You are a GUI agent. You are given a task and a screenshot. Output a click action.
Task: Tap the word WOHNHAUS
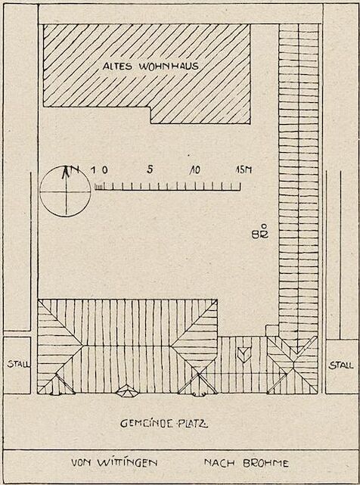coord(169,66)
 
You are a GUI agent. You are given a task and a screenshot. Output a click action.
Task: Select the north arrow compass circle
coord(65,191)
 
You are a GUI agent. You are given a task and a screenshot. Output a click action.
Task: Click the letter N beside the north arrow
coord(75,169)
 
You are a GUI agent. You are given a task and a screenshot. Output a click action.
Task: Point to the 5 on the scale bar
coord(150,169)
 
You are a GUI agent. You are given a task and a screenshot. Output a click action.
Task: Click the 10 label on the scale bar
coord(195,169)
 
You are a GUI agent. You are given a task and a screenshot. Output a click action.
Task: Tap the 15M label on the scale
coord(244,169)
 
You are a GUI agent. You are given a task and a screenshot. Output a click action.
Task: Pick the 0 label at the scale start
coord(104,169)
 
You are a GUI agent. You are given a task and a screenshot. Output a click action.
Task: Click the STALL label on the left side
coord(19,364)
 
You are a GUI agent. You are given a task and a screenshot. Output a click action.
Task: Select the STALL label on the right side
coord(341,365)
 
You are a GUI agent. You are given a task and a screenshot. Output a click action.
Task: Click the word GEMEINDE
coord(146,423)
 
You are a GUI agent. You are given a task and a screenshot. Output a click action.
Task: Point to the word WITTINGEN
coord(127,463)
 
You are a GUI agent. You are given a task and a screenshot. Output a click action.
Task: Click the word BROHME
coord(265,463)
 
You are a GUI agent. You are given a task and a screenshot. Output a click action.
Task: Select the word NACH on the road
coord(219,463)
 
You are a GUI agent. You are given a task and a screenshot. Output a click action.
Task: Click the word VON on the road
coord(82,463)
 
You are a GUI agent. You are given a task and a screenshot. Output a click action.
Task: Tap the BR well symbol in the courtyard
coord(260,231)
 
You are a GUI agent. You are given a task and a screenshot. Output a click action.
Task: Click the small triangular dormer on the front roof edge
coord(126,390)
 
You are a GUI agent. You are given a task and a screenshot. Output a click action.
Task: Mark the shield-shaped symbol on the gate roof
coord(244,354)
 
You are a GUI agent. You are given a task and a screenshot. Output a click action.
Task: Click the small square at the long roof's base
coord(272,331)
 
